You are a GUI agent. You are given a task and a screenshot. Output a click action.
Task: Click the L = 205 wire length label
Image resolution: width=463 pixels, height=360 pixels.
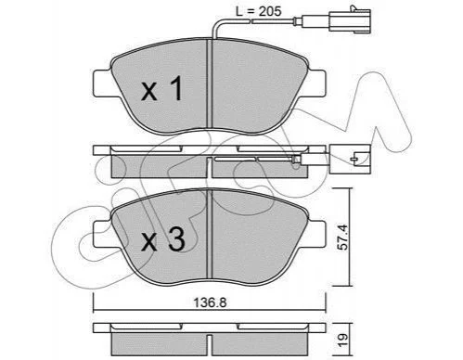(259, 11)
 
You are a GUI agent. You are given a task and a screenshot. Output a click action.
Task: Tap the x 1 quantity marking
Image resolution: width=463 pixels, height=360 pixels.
(161, 89)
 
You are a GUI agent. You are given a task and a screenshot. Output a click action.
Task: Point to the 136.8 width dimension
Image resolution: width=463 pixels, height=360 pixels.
(210, 302)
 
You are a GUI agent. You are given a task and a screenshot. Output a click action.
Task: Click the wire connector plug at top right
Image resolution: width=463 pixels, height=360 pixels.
(350, 20)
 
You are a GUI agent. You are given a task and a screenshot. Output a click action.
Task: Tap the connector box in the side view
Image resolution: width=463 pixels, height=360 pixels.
(350, 159)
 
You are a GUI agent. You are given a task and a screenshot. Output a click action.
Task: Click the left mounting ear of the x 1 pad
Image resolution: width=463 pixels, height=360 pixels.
(102, 83)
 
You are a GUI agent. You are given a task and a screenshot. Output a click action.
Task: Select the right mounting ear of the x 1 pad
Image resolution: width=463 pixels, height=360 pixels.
(316, 83)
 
